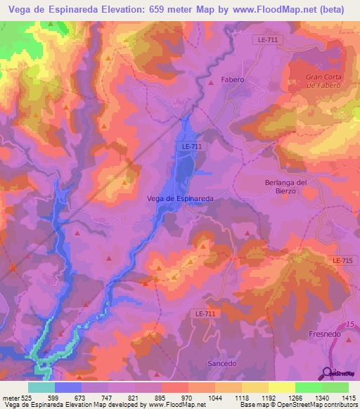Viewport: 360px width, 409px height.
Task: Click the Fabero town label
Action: (x=232, y=79)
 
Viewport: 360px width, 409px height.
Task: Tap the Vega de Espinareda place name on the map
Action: (x=179, y=199)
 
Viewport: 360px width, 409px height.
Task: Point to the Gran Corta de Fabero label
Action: (x=323, y=81)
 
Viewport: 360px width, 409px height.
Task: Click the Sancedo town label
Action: (x=221, y=363)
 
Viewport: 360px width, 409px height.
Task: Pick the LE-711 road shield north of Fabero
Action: (x=266, y=40)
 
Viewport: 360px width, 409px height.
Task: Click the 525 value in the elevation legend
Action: (x=28, y=397)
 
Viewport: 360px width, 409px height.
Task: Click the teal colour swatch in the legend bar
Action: (x=41, y=387)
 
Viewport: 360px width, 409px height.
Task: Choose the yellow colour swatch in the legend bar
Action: (x=282, y=387)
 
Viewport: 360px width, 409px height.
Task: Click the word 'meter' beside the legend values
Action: (x=11, y=397)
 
